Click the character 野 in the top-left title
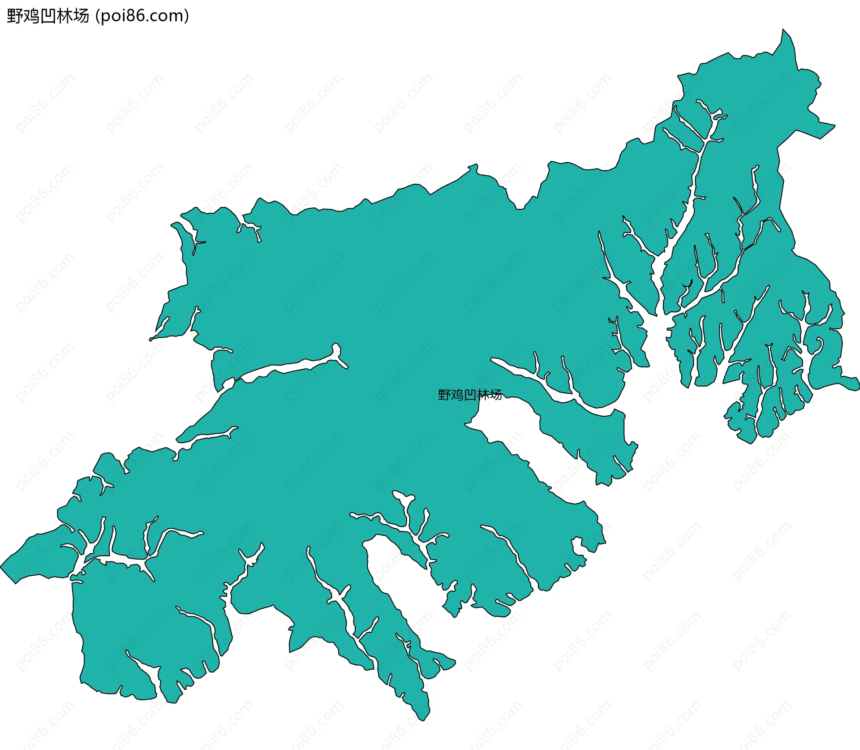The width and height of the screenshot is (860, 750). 15,16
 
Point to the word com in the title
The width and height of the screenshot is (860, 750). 168,16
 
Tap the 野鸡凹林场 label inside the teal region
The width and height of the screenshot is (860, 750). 470,395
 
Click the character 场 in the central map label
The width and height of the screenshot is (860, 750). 496,395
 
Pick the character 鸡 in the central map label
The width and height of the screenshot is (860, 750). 457,395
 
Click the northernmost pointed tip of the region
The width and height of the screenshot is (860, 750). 783,30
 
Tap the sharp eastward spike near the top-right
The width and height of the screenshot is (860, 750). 834,125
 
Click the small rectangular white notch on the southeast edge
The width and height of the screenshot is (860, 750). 577,546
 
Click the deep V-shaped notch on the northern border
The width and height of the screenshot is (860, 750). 520,208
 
